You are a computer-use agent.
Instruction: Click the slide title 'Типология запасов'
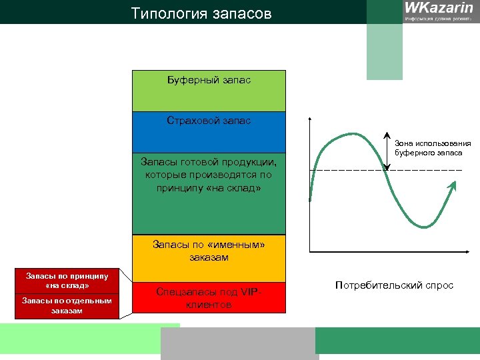[x=201, y=13]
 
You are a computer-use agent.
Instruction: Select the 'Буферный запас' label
[x=209, y=81]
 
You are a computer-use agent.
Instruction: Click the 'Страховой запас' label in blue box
[x=209, y=121]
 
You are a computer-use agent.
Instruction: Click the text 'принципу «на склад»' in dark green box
[x=209, y=189]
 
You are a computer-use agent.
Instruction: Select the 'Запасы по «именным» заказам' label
[x=209, y=251]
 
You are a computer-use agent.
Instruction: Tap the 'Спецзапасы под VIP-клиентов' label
[x=209, y=298]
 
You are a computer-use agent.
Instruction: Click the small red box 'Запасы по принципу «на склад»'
[x=67, y=281]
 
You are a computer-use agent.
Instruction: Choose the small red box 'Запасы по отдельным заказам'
[x=67, y=305]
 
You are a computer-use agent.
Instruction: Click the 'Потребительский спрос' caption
[x=394, y=285]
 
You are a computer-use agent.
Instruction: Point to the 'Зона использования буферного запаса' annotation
[x=432, y=148]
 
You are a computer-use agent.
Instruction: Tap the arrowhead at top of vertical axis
[x=310, y=121]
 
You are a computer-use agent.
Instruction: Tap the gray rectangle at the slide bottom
[x=240, y=343]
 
